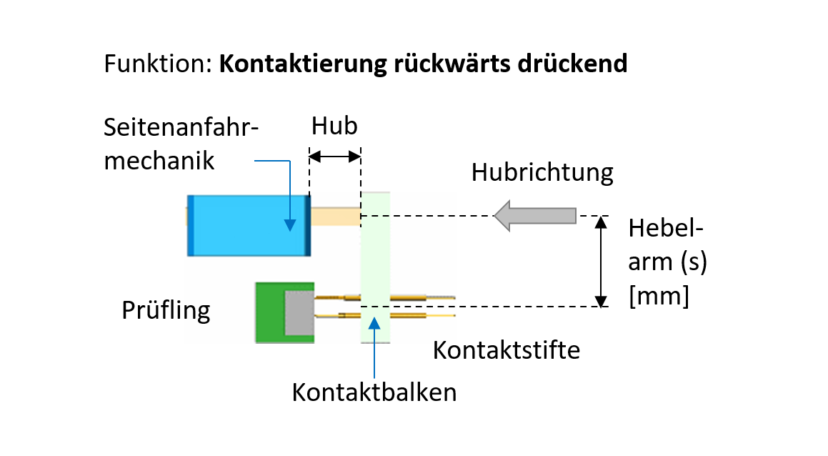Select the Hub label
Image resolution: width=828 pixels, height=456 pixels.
(x=334, y=127)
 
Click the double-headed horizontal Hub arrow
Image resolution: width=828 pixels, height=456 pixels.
(x=334, y=155)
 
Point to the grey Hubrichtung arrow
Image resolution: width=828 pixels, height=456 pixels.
(x=536, y=216)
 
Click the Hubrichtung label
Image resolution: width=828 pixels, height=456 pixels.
(x=542, y=173)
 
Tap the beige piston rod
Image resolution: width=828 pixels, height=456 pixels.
(x=336, y=216)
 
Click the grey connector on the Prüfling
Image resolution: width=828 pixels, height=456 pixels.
(x=299, y=313)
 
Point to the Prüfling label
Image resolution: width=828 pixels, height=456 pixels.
(x=165, y=311)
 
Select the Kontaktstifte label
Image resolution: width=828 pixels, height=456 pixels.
(x=507, y=350)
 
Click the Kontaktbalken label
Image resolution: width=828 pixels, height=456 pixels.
(x=374, y=392)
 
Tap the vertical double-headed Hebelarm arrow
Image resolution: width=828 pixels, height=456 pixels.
(x=602, y=261)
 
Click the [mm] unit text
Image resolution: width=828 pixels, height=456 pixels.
(x=659, y=295)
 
